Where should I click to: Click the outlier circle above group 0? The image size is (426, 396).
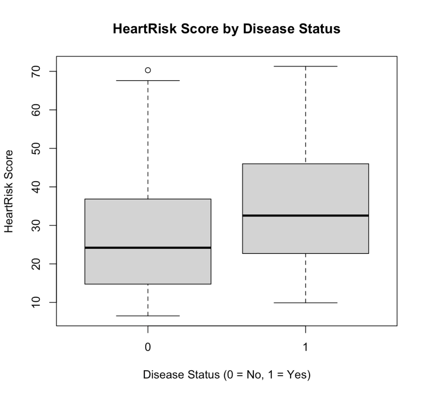[148, 70]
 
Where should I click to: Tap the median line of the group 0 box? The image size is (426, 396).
[148, 248]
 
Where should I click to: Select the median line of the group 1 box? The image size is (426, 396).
[306, 215]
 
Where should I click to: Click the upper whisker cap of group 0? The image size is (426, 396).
[148, 81]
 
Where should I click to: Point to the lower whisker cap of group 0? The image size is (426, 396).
[148, 316]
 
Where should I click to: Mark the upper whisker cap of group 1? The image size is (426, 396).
[306, 66]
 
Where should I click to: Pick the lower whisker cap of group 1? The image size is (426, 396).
[306, 303]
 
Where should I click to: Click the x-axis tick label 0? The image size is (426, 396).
[148, 347]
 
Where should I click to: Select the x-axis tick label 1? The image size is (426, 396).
[306, 347]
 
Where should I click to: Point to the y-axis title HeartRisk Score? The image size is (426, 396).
[9, 191]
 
